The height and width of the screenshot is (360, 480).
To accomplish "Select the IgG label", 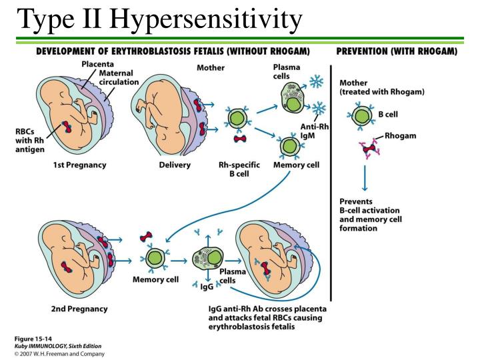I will pyautogui.click(x=207, y=287).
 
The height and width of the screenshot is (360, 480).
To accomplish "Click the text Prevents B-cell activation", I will pyautogui.click(x=373, y=209).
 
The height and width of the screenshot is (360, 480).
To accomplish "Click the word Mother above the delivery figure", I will pyautogui.click(x=211, y=68).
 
